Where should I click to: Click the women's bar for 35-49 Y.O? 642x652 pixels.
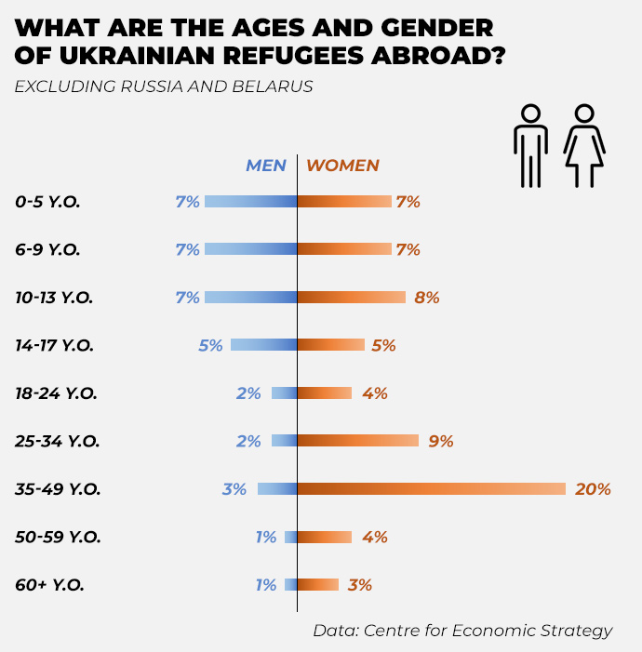coord(432,488)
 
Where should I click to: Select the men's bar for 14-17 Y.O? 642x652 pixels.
coord(264,345)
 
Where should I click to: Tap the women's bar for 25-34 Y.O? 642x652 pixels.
coord(358,441)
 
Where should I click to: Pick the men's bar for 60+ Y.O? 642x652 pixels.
coord(291,585)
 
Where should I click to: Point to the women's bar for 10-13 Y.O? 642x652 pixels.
coord(352,298)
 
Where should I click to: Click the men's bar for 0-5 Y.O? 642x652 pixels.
coord(251,201)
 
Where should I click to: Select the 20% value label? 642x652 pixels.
coord(593,488)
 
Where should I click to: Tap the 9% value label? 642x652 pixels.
coord(440,441)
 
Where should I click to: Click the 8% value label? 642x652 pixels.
coord(427,298)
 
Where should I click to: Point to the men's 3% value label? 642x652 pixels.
coord(234,488)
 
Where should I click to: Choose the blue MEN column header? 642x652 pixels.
coord(265,166)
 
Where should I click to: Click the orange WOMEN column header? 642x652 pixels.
coord(343,166)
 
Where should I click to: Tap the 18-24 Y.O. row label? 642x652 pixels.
coord(56,393)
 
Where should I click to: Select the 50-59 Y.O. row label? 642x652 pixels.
coord(57,537)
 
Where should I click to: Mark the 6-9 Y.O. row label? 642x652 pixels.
coord(47,249)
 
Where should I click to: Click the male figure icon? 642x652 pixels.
coord(530,146)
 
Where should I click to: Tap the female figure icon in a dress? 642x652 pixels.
coord(584,146)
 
